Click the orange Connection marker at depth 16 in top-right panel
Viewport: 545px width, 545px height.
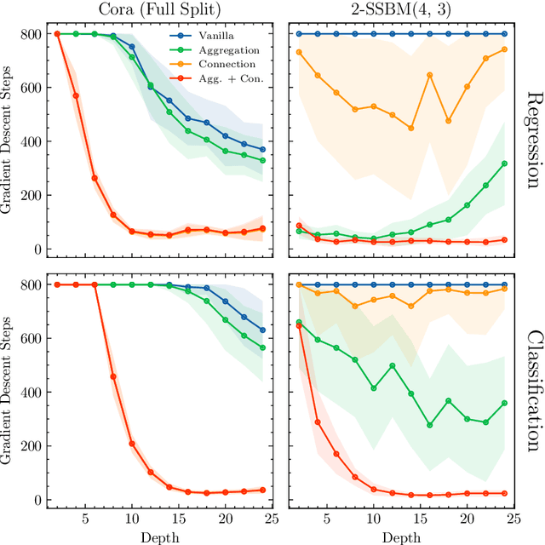click(x=430, y=75)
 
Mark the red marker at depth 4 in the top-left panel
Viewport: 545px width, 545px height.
click(x=76, y=95)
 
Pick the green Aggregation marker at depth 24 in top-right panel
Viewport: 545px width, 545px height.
click(x=504, y=163)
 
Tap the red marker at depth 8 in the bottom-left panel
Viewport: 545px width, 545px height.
click(x=113, y=376)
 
